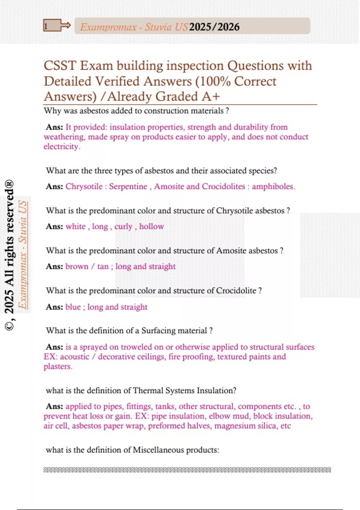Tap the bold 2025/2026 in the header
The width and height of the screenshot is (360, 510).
coord(214,27)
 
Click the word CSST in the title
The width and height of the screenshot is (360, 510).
coord(60,66)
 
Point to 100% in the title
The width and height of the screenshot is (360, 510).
coord(215,81)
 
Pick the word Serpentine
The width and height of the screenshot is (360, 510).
coord(128,186)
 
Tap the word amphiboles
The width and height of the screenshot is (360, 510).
coord(273,186)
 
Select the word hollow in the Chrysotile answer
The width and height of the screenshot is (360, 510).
coord(151,226)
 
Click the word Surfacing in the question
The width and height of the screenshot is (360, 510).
coord(158,331)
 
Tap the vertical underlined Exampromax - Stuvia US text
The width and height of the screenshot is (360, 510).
coord(23,255)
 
